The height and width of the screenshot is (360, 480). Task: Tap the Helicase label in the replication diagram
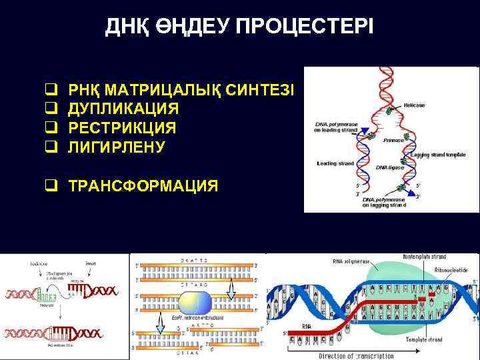pyautogui.click(x=414, y=105)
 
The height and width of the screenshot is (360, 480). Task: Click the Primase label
pyautogui.click(x=393, y=141)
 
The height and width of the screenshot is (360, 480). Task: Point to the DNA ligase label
pyautogui.click(x=390, y=167)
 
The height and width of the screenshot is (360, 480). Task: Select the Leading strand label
pyautogui.click(x=335, y=163)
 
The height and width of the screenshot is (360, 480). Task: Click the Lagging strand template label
pyautogui.click(x=437, y=155)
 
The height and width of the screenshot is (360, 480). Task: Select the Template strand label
pyautogui.click(x=425, y=339)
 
